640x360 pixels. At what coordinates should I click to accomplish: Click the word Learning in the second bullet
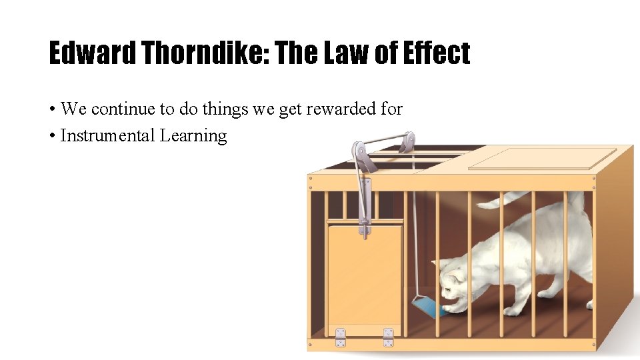coord(193,136)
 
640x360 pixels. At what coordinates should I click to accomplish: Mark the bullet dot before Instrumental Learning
coord(52,137)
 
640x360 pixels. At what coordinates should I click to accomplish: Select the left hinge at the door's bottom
coord(341,337)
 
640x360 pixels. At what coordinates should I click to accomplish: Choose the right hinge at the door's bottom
coord(388,337)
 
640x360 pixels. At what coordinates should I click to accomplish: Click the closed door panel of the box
coord(364,273)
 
